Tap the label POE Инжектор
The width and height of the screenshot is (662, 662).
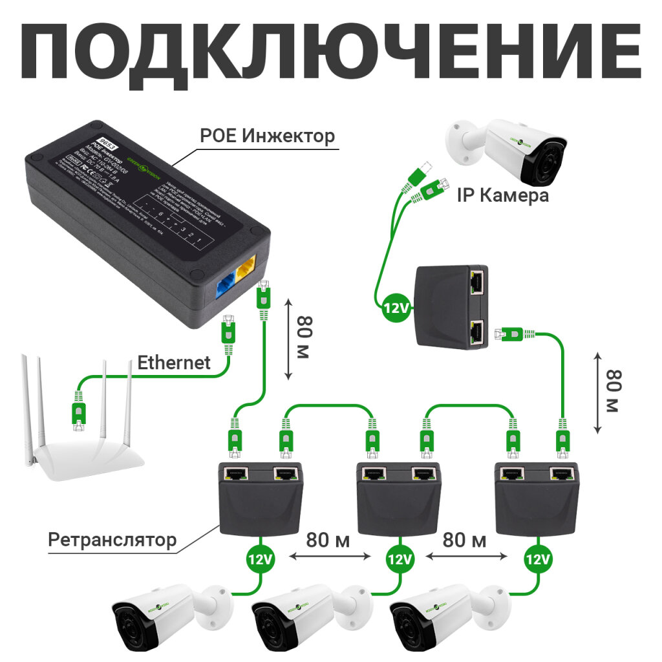(267, 136)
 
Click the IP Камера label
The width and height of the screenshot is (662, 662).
(502, 195)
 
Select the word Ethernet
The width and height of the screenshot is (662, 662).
(174, 363)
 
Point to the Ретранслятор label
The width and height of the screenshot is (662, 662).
(112, 540)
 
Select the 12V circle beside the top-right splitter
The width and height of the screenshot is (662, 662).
(395, 308)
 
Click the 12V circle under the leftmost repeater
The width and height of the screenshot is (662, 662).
(260, 559)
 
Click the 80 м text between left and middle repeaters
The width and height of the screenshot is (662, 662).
(328, 540)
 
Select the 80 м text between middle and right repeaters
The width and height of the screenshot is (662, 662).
(464, 540)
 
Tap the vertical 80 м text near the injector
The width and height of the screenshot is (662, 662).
(304, 339)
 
